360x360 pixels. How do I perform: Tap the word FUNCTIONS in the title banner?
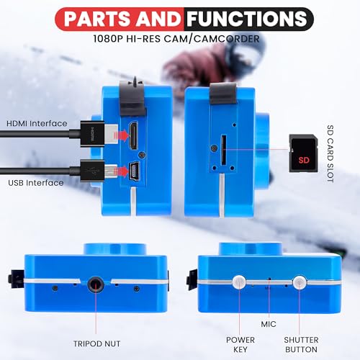point(247,19)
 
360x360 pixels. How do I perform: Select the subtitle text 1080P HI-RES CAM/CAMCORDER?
point(176,39)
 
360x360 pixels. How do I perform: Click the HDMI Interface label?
point(37,123)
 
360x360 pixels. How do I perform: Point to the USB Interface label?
point(36,183)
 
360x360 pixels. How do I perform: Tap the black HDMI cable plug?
point(92,134)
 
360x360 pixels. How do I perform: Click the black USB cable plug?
point(92,171)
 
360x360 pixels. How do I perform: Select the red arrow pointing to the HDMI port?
point(122,135)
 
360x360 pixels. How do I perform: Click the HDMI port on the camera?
point(133,136)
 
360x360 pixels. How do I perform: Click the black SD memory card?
point(303,153)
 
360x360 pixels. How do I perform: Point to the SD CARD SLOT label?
point(330,154)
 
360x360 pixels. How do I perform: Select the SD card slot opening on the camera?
point(223,150)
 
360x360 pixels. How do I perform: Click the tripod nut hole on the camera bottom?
point(96,284)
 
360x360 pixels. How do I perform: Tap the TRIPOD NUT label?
point(96,343)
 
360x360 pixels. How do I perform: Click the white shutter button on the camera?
point(300,282)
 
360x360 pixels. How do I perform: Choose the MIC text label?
point(269,324)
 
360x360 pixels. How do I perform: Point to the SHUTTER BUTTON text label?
point(301,345)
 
